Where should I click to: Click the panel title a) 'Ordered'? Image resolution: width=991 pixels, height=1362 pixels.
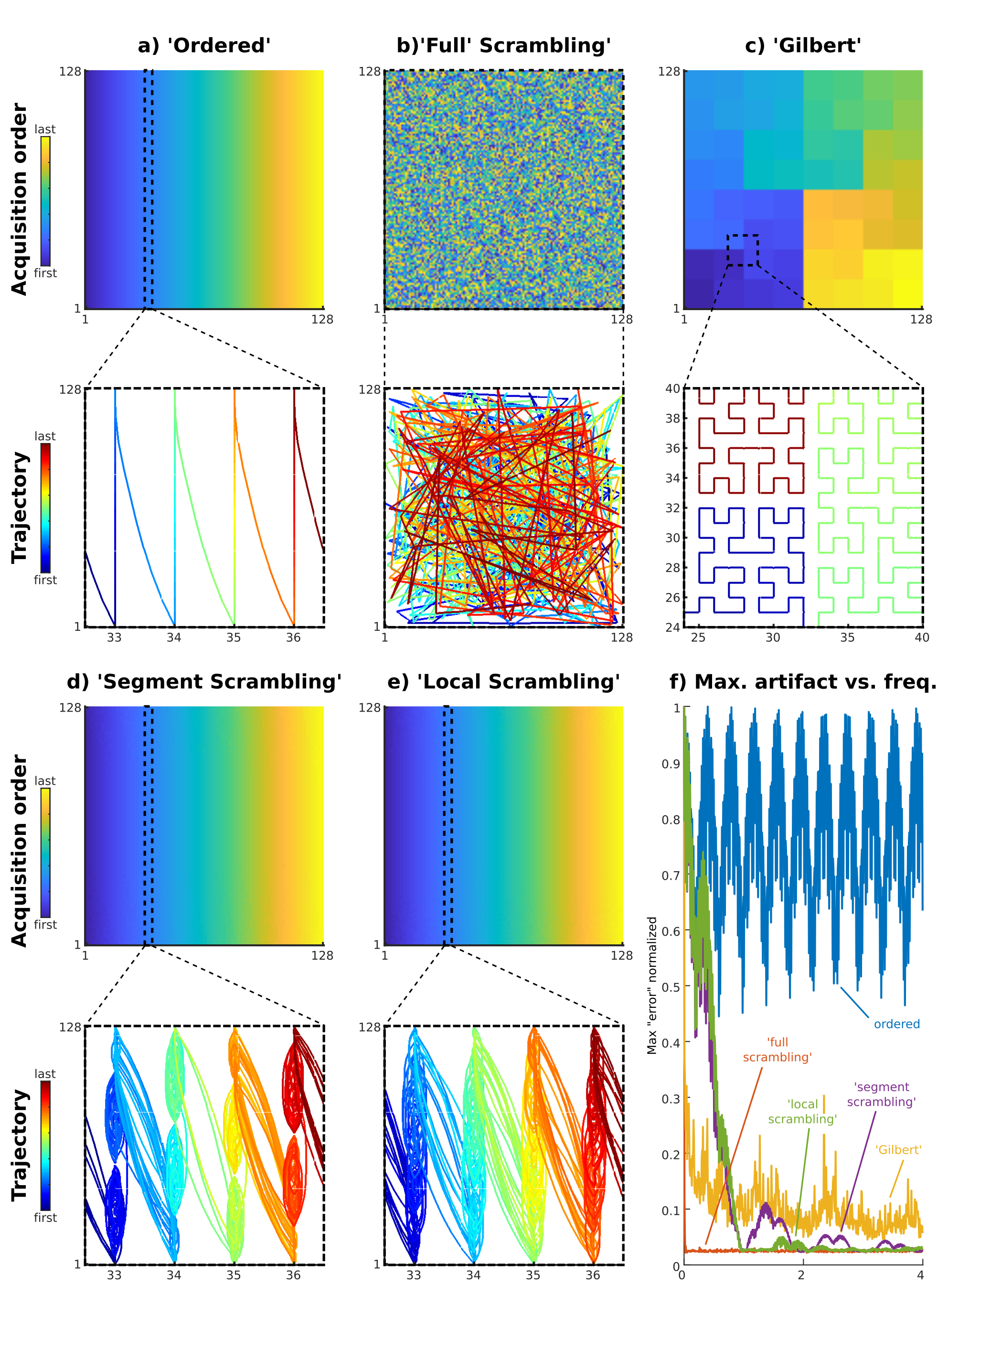tap(204, 46)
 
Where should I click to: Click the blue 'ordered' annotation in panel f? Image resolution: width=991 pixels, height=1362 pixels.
tap(896, 1024)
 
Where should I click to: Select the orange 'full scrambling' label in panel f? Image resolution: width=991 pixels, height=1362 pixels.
tap(778, 1050)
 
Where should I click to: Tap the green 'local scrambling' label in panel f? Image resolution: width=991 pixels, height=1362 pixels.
tap(802, 1112)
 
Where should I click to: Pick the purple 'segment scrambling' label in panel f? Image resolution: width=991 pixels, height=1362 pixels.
tap(881, 1094)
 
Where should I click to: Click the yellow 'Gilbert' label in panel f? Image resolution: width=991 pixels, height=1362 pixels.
tap(898, 1150)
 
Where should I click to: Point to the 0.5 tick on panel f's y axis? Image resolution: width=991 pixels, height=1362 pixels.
tap(671, 987)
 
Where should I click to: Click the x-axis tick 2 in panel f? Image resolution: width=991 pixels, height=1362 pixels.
tap(801, 1276)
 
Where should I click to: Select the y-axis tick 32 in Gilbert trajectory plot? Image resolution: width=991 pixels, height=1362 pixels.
tap(673, 508)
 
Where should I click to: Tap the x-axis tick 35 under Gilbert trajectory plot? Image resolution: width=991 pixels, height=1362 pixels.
tap(847, 638)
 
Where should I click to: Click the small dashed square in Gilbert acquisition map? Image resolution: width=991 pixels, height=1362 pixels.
tap(743, 250)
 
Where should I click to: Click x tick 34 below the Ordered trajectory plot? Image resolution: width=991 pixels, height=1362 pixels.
tap(174, 638)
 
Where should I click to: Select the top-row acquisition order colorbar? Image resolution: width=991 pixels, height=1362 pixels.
tap(46, 201)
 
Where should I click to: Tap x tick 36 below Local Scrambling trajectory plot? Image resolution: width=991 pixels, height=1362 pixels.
tap(592, 1276)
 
